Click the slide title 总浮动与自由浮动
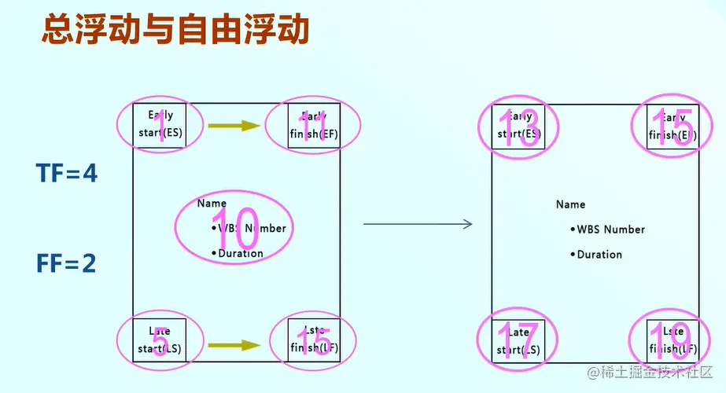click(174, 32)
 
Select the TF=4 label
click(67, 174)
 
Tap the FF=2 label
click(66, 263)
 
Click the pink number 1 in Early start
click(161, 126)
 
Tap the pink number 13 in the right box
click(519, 126)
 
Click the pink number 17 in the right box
click(519, 342)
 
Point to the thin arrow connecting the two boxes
click(417, 225)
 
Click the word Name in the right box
click(570, 204)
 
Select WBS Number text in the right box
click(610, 230)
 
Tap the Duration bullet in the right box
click(599, 255)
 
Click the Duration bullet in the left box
click(240, 253)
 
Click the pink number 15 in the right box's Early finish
click(673, 126)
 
